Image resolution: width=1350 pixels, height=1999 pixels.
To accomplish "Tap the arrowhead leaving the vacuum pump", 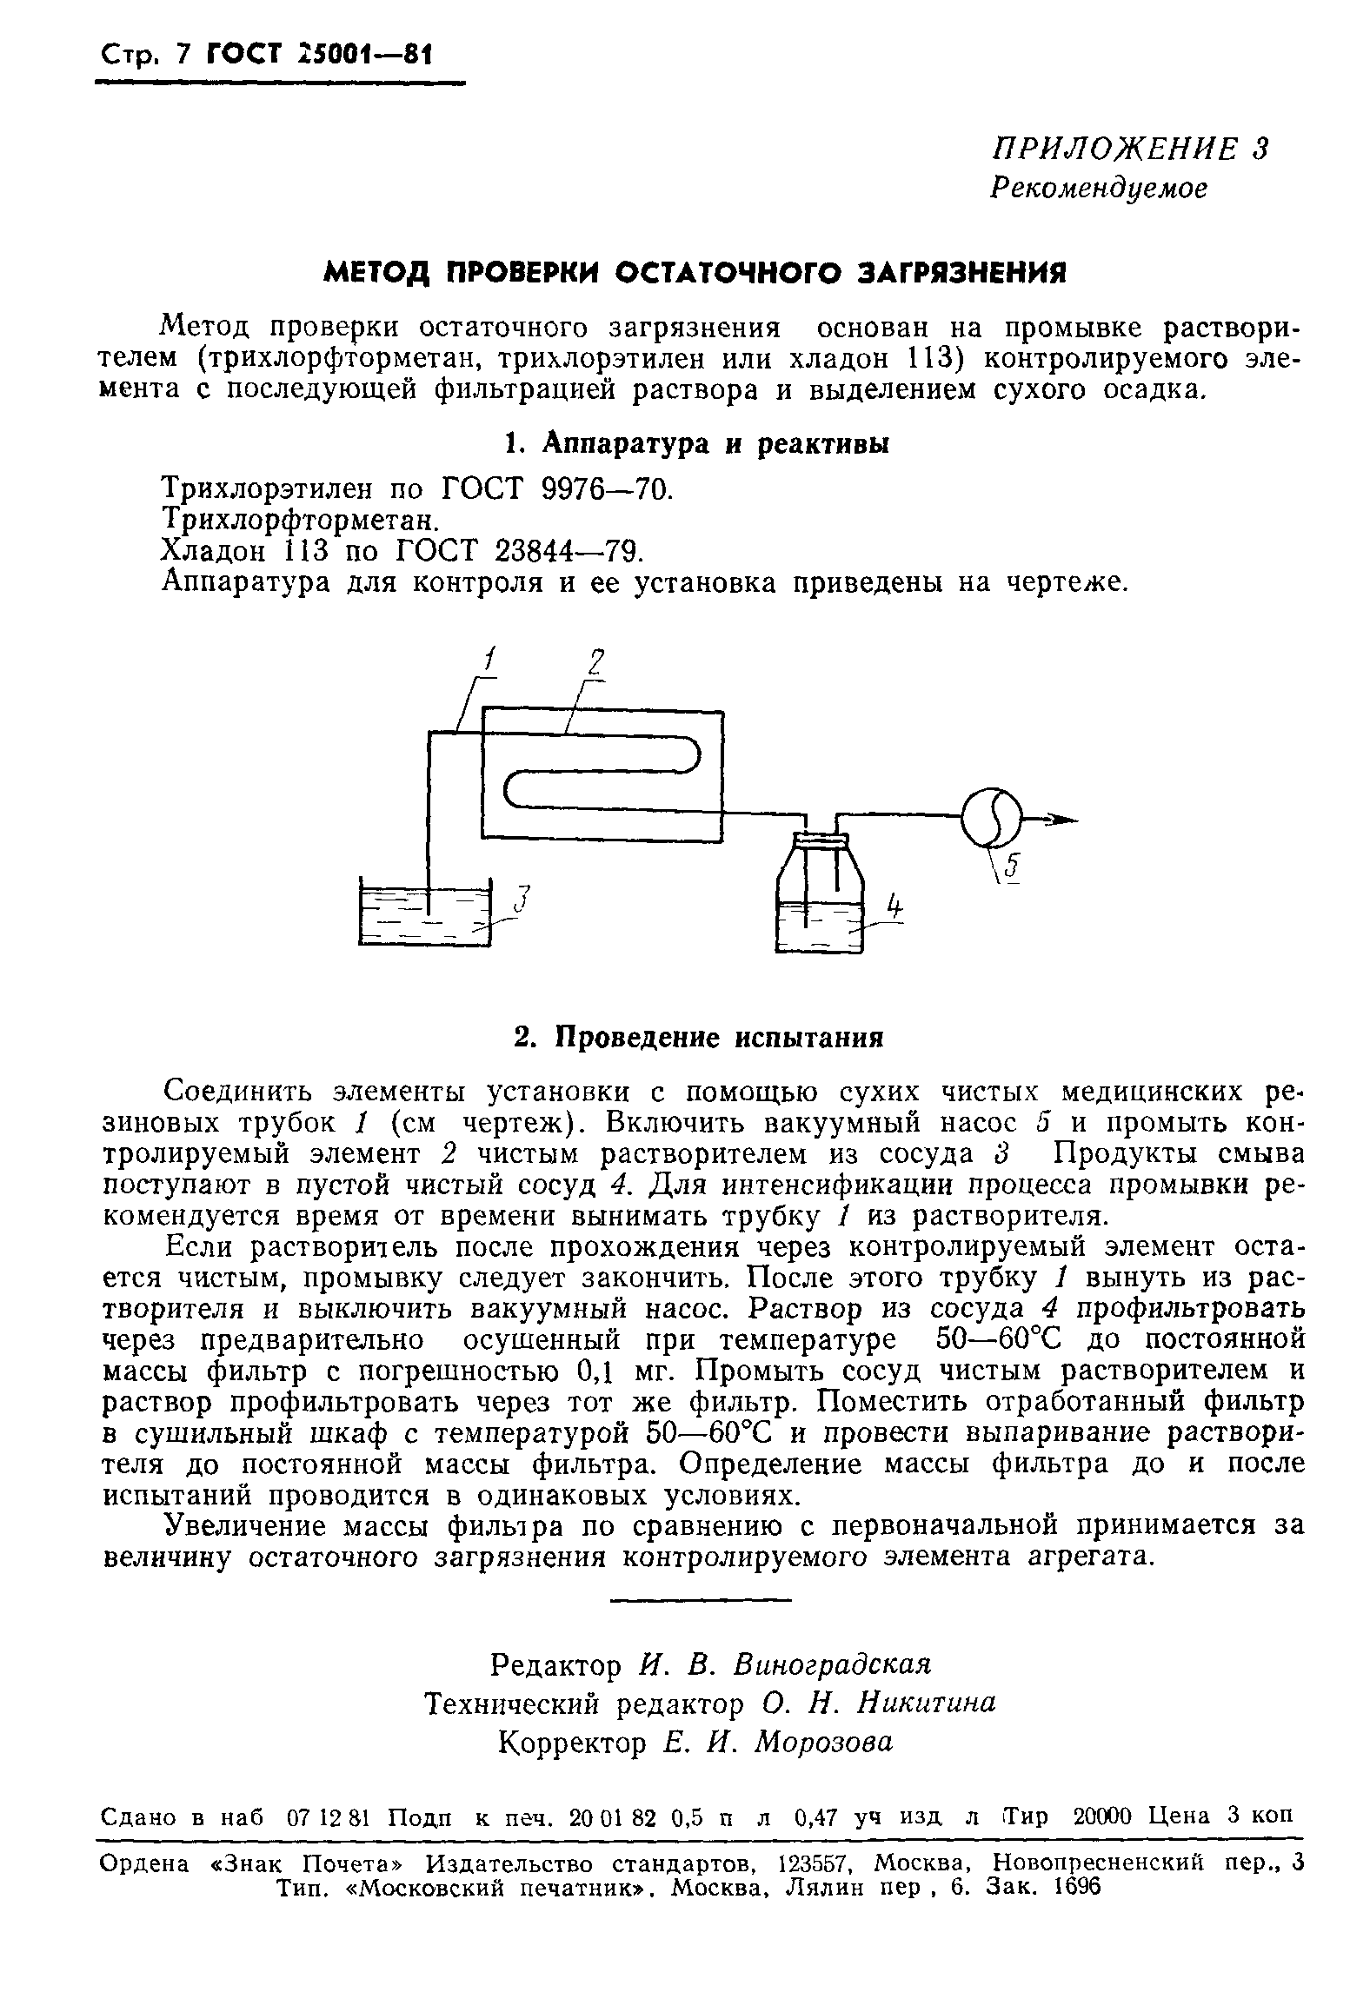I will pyautogui.click(x=1062, y=819).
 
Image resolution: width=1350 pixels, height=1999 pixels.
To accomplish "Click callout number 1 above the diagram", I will pyautogui.click(x=489, y=662).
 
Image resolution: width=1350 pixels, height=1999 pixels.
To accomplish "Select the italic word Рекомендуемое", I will pyautogui.click(x=1100, y=188).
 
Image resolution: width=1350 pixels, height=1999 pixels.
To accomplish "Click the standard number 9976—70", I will pyautogui.click(x=606, y=489).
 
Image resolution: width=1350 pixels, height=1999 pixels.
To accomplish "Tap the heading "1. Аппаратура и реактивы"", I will pyautogui.click(x=697, y=444).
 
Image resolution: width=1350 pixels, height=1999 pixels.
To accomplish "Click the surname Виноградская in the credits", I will pyautogui.click(x=833, y=1664).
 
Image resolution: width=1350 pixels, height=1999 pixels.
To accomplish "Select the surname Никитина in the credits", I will pyautogui.click(x=926, y=1703).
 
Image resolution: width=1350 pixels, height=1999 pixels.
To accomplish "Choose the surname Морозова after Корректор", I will pyautogui.click(x=823, y=1741).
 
